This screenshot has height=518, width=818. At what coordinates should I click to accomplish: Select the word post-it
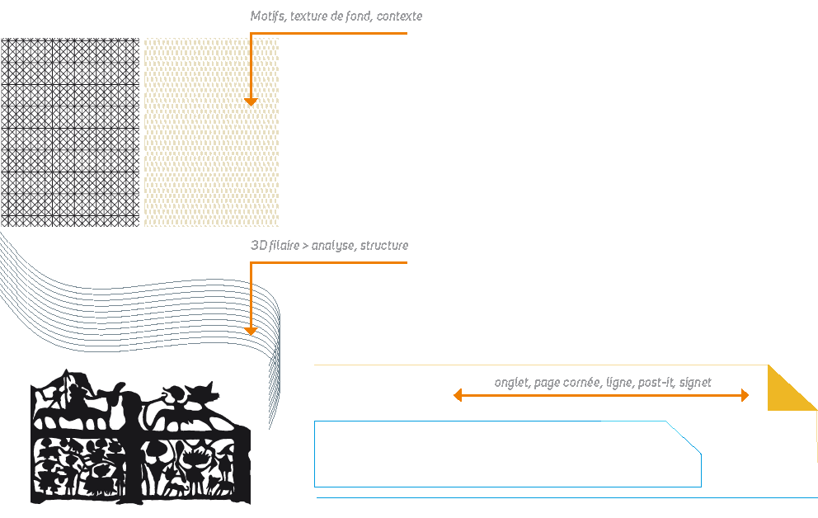pos(656,383)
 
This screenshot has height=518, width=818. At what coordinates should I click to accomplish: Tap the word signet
pos(695,383)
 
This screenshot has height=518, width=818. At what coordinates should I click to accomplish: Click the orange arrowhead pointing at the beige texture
pos(251,101)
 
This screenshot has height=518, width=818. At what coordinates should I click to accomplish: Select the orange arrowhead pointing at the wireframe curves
pos(251,331)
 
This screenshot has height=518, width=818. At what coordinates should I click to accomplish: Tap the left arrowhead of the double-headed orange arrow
pos(458,395)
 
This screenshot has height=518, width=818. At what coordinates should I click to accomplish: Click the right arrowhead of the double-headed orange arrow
pos(745,395)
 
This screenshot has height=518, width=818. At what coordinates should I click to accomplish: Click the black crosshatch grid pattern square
pos(70,132)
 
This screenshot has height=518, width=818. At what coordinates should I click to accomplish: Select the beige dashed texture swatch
pos(211,132)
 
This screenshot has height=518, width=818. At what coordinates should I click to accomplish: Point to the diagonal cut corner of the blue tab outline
pos(684,438)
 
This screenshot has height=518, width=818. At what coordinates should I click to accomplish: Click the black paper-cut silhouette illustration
pos(140,437)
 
